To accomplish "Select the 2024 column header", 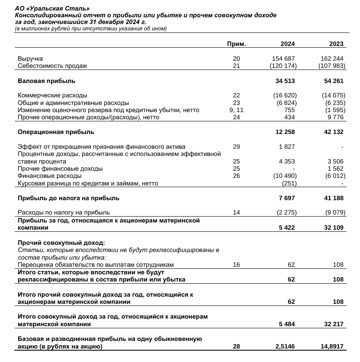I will point(287,44).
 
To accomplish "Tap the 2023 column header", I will point(336,44).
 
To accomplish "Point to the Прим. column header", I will point(236,44).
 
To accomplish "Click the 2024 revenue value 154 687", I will point(284,59).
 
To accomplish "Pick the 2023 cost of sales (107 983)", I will point(331,66).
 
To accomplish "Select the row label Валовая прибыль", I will point(46,80).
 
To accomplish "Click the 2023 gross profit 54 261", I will point(333,80).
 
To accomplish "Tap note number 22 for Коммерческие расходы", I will point(236,95).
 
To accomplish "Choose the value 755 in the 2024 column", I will point(289,110).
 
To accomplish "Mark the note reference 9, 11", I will point(236,110).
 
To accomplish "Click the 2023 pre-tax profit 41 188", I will point(333,198).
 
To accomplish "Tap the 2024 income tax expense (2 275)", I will point(287,212).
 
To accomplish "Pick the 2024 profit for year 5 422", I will point(287,228).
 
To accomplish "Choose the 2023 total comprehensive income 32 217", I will point(333,324).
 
